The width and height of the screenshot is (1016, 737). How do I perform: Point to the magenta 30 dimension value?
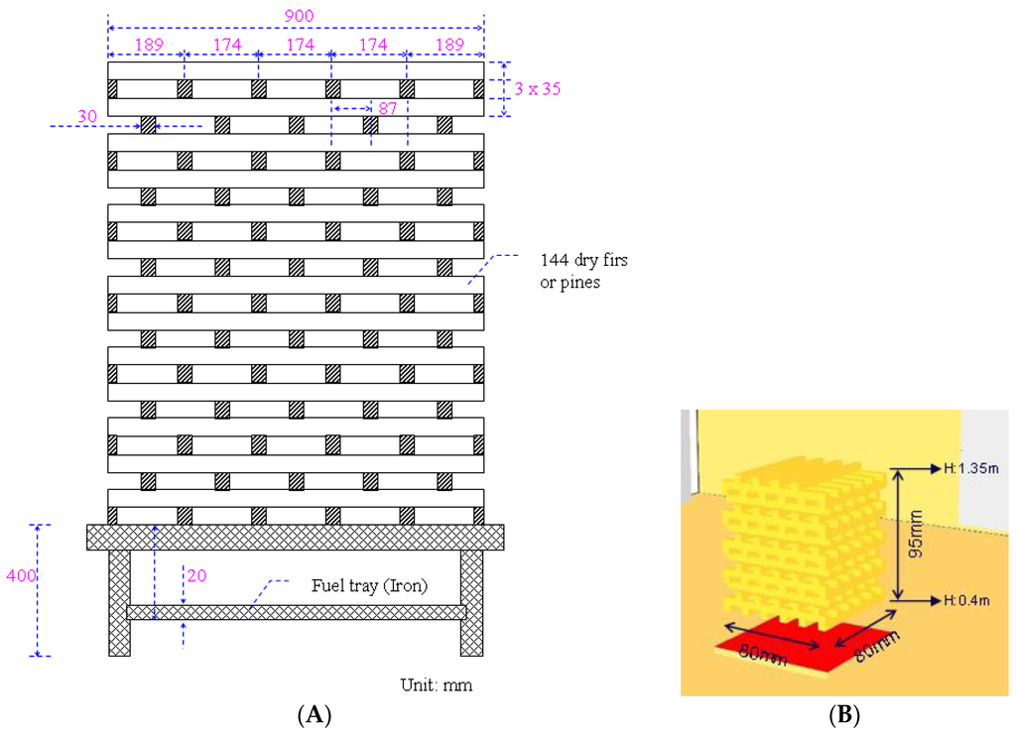[x=87, y=116]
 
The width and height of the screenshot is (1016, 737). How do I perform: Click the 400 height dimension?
[x=16, y=574]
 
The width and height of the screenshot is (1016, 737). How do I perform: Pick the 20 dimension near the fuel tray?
[x=196, y=573]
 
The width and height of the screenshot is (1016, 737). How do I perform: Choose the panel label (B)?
[x=844, y=714]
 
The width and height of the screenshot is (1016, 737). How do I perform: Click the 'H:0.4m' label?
[x=967, y=601]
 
